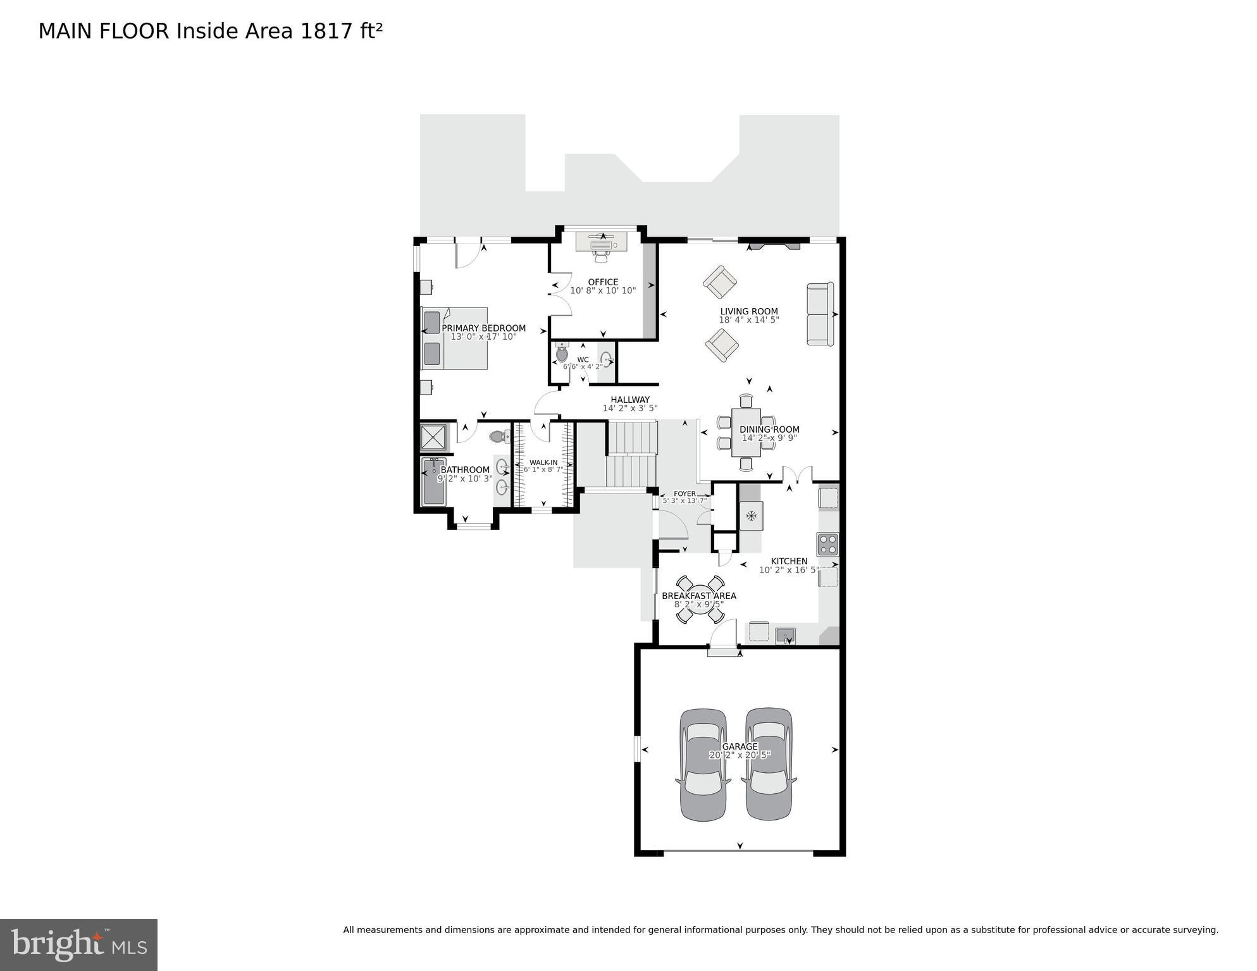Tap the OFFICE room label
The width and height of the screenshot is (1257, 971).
[603, 282]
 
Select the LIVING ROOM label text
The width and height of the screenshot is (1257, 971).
[749, 311]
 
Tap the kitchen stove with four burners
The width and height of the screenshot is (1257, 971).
[827, 544]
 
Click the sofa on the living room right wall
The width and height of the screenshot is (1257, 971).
[820, 314]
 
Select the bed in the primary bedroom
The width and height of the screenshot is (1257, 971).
[455, 338]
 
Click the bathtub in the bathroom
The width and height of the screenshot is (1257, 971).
[434, 482]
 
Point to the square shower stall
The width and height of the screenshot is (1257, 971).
[434, 437]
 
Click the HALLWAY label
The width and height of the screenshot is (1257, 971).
[630, 400]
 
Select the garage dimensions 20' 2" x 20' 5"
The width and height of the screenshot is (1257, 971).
[740, 755]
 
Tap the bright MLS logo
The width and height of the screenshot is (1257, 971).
[78, 945]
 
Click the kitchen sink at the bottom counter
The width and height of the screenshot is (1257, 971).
[785, 634]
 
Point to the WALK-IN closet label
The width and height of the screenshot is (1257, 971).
[543, 462]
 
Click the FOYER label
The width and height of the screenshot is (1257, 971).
[684, 494]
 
